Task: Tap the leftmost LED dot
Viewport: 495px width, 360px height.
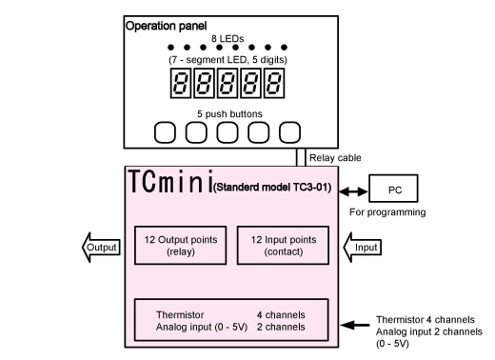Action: pyautogui.click(x=170, y=47)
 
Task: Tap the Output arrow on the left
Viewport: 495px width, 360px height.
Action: pyautogui.click(x=97, y=247)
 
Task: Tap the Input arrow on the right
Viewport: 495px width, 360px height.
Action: pyautogui.click(x=366, y=247)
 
